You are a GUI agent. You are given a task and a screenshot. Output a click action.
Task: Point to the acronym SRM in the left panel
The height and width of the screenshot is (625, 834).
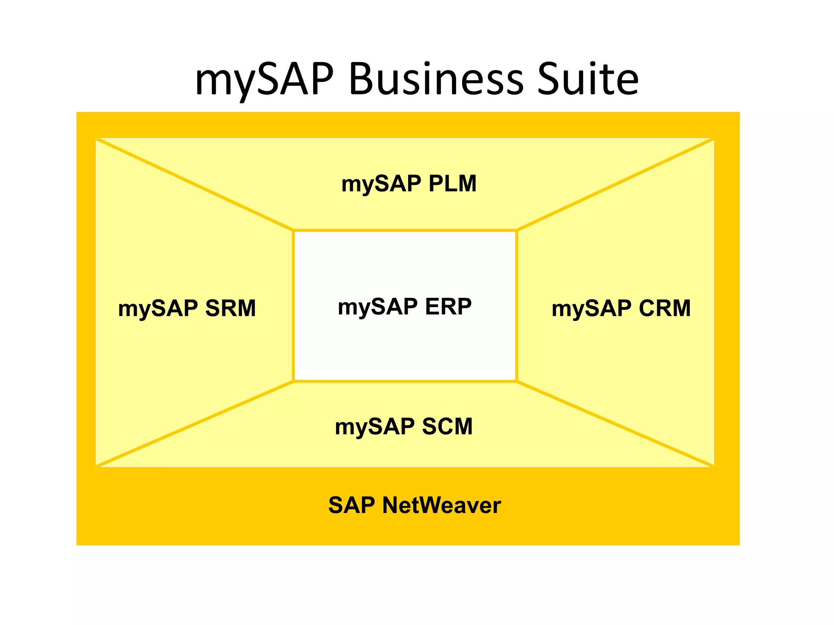coord(230,308)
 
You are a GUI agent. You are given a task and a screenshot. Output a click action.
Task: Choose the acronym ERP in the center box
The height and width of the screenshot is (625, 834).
coord(448,306)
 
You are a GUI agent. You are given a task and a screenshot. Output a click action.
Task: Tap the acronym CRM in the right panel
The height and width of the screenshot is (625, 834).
coord(665,308)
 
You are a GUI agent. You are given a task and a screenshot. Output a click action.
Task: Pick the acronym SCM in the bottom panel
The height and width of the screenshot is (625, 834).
coord(447,426)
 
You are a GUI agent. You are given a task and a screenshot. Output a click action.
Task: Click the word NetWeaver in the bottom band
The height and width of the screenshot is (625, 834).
coord(441,505)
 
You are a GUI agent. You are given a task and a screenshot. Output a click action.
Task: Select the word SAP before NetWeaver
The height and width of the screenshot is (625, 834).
coord(351,505)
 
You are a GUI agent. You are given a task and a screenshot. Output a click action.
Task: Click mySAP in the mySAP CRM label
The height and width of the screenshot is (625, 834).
coord(591,309)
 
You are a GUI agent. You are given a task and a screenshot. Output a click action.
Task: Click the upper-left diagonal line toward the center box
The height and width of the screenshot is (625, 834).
coord(195,184)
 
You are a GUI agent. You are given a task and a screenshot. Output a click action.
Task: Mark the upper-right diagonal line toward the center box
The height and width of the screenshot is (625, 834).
coord(615,184)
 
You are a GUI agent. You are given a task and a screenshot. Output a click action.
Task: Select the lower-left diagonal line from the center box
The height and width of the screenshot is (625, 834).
coord(195,424)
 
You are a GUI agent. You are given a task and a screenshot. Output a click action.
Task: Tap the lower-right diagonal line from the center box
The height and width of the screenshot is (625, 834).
coord(615,424)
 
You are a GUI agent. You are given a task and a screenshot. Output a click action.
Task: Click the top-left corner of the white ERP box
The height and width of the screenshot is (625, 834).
coord(294,231)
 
